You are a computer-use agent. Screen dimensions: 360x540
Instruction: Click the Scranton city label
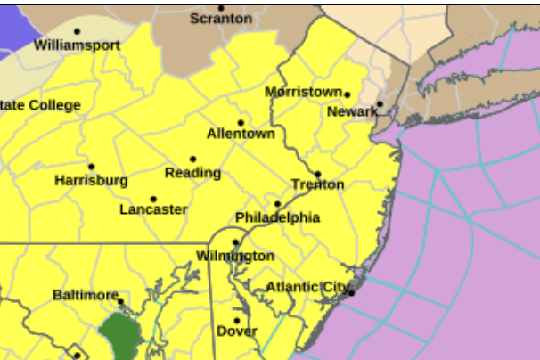point(221,19)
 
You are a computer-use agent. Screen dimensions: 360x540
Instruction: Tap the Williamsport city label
point(77,45)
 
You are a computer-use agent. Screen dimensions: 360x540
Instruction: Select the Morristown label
point(303,92)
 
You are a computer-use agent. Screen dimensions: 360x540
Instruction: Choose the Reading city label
point(193,172)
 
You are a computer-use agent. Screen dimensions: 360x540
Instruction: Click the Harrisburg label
point(91,180)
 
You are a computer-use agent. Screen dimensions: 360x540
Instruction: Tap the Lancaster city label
point(153,209)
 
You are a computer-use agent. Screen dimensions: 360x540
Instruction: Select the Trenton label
point(317,184)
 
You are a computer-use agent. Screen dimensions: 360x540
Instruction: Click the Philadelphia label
point(277,217)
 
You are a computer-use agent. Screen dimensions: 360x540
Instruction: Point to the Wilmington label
point(235,256)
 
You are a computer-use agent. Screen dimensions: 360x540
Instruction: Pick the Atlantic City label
point(307,287)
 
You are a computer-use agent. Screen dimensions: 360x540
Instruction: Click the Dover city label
point(236,331)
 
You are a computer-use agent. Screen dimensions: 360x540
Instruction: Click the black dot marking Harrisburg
point(91,167)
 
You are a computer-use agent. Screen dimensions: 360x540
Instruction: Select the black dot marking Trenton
point(317,175)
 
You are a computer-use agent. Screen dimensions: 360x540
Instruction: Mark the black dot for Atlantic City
point(352,292)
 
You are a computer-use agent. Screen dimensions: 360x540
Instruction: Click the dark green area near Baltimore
point(122,333)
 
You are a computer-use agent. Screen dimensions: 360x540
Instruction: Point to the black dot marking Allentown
point(241,122)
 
